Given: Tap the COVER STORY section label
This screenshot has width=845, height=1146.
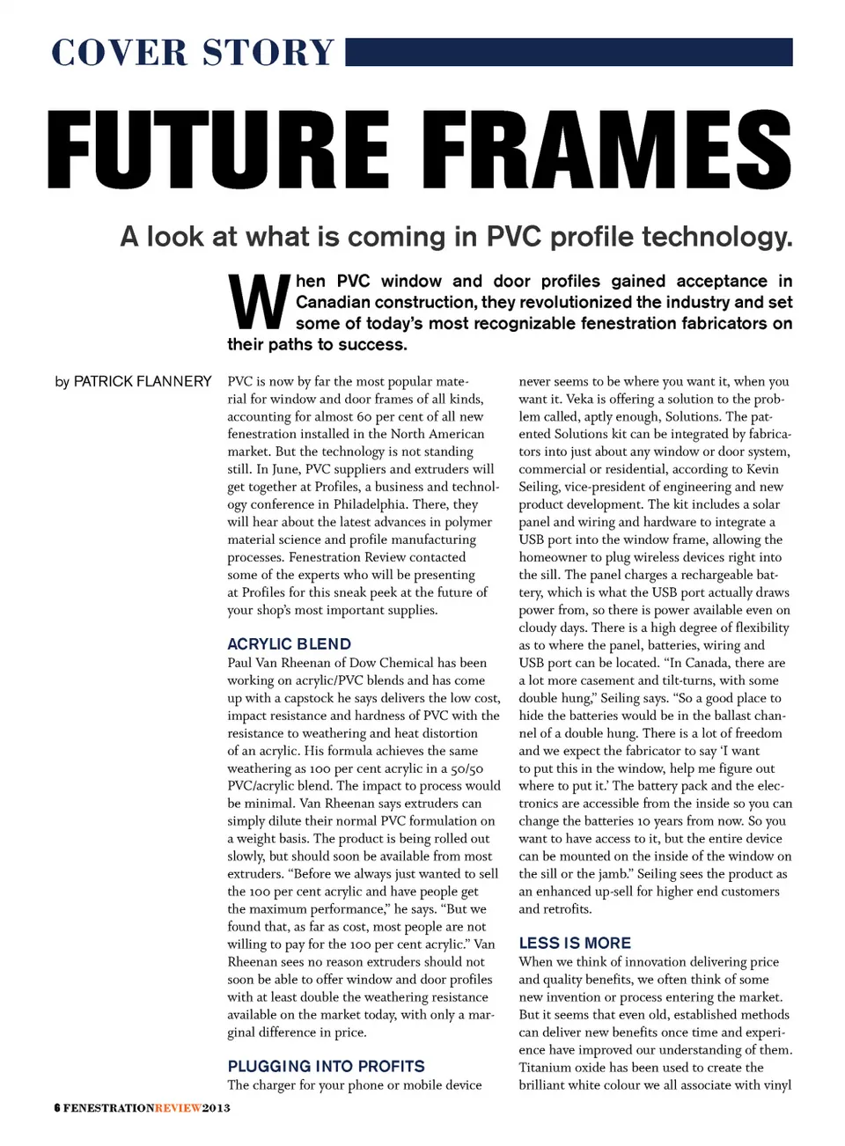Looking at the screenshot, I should point(193,52).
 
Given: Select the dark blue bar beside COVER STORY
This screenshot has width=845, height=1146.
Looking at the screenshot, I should point(569,52).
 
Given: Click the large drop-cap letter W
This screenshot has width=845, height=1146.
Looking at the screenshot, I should point(259,302).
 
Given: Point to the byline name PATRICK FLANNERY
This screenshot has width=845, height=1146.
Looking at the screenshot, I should point(143,381).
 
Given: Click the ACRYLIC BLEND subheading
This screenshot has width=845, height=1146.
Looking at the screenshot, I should point(289,643).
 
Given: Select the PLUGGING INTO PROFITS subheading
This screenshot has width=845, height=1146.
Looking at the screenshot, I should point(326,1066).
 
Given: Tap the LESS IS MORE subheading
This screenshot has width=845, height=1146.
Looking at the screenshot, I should point(575,943).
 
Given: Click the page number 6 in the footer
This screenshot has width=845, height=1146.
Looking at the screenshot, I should point(56,1107).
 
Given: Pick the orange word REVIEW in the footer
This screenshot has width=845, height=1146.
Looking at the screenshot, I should point(178,1107).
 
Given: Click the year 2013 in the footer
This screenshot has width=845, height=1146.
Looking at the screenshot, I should point(217,1107).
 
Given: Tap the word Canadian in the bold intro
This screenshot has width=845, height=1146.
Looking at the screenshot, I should point(333,302).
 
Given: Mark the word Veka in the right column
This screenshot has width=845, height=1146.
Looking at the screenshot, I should point(579,399).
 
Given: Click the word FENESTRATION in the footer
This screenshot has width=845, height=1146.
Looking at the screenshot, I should point(108,1107).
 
